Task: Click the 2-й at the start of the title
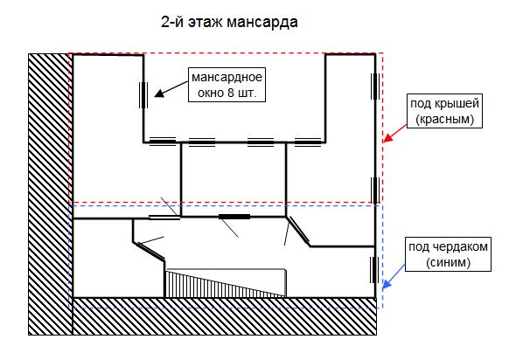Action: click(172, 23)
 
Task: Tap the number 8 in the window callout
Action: click(231, 93)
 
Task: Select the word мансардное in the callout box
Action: click(227, 78)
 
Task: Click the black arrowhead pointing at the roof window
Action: click(159, 93)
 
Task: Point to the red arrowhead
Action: click(387, 138)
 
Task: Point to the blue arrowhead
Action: click(387, 284)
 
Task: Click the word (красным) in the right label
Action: click(445, 120)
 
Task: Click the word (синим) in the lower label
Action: click(449, 262)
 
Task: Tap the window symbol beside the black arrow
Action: click(143, 95)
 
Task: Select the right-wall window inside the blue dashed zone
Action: click(374, 270)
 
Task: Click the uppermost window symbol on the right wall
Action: click(375, 87)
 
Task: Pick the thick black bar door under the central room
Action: click(234, 217)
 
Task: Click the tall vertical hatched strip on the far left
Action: click(51, 194)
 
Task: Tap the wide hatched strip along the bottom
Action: click(225, 316)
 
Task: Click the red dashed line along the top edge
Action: click(226, 53)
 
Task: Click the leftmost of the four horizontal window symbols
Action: click(163, 142)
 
